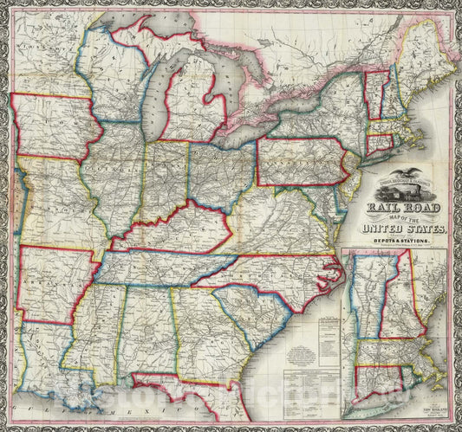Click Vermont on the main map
(x=374, y=92)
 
